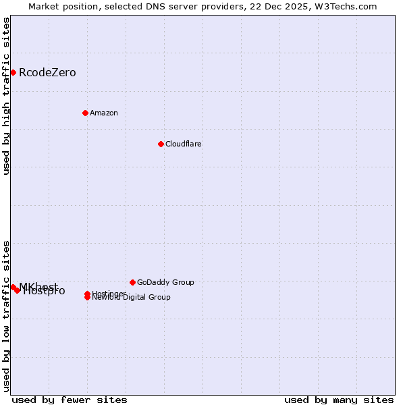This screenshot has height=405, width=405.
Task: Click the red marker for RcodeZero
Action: (13, 72)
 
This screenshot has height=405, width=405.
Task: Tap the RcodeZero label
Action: (47, 73)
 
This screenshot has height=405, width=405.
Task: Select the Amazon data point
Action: (85, 113)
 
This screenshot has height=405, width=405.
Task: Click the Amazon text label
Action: (103, 113)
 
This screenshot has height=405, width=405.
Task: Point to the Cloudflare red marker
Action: (161, 144)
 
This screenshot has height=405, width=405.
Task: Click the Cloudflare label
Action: (183, 144)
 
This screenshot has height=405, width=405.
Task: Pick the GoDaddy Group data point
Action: (132, 282)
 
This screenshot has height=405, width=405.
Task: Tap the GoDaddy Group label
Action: (165, 282)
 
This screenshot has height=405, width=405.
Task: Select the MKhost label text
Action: (38, 286)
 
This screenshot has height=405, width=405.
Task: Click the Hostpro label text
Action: (45, 292)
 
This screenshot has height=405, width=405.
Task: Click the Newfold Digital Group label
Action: (131, 297)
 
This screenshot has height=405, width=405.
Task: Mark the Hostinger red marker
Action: (87, 294)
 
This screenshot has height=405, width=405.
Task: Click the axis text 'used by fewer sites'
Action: (70, 400)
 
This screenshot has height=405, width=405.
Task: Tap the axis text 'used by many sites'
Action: (339, 400)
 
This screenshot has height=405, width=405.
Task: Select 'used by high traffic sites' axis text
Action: (6, 96)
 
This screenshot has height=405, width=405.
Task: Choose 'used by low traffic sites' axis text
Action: (6, 315)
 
